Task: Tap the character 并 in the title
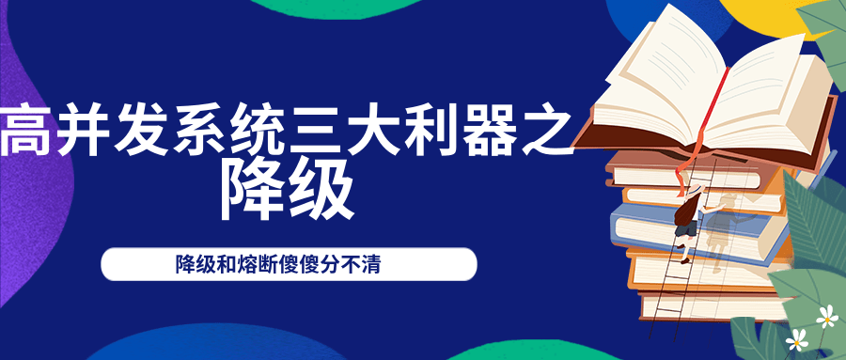pyautogui.click(x=84, y=133)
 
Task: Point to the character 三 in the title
pyautogui.click(x=319, y=133)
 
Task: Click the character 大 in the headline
pyautogui.click(x=377, y=133)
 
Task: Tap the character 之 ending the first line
pyautogui.click(x=549, y=133)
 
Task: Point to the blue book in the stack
pyautogui.click(x=649, y=226)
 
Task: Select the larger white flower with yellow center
pyautogui.click(x=826, y=317)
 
